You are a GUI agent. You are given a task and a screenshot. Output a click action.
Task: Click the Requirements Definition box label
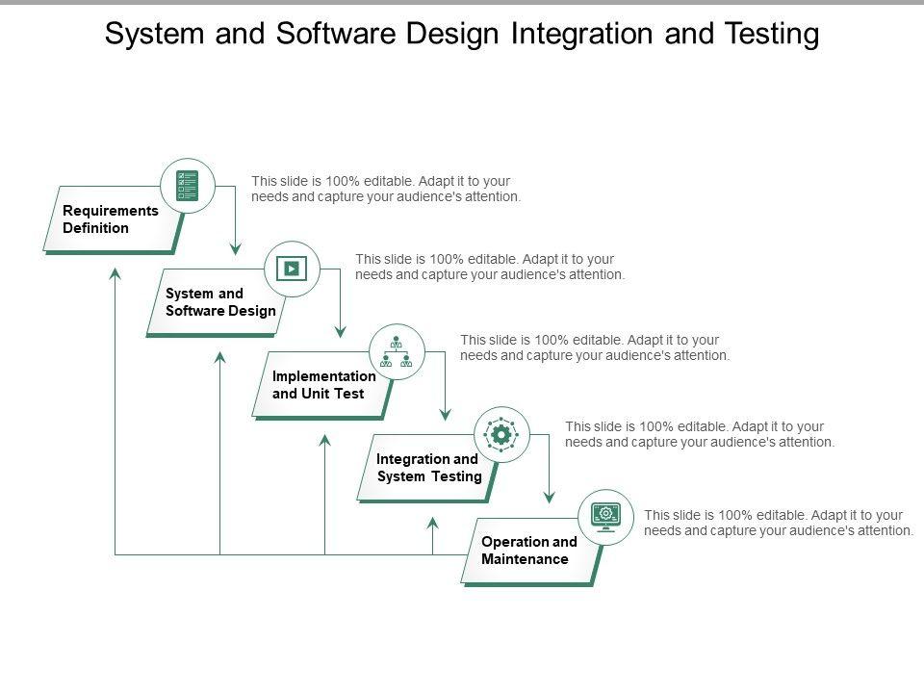[x=110, y=219]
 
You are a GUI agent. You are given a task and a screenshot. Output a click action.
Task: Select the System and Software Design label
[x=220, y=302]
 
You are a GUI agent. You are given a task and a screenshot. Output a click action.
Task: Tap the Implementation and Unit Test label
[x=323, y=385]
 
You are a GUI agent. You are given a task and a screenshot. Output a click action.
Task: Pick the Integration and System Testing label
[x=428, y=468]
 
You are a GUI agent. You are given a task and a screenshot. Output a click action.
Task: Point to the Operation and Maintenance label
[x=528, y=551]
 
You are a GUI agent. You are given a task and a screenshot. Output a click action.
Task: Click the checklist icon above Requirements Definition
[x=188, y=186]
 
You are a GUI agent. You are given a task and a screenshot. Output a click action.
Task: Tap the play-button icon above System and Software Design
[x=292, y=269]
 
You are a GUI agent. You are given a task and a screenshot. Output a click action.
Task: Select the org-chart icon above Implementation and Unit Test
[x=396, y=352]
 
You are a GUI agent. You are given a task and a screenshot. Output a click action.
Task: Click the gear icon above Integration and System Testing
[x=500, y=435]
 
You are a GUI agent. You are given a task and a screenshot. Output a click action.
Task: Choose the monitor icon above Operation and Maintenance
[x=605, y=517]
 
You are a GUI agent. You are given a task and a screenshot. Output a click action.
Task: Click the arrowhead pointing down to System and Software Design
[x=235, y=248]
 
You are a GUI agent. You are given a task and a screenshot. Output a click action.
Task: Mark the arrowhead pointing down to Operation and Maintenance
[x=550, y=497]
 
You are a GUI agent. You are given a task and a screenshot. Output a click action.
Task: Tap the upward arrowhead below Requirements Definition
[x=115, y=274]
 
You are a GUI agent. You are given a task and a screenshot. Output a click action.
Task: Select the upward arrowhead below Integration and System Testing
[x=432, y=524]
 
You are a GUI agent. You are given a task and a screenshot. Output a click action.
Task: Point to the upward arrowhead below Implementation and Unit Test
[x=324, y=441]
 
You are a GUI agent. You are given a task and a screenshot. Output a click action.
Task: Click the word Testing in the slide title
[x=772, y=35]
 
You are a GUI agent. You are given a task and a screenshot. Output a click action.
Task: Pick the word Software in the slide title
[x=335, y=33]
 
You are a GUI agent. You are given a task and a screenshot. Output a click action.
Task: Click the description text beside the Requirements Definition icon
[x=386, y=189]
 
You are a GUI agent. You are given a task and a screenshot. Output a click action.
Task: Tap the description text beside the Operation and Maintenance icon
[x=779, y=523]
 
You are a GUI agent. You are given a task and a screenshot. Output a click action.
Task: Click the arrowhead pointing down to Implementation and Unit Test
[x=340, y=331]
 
